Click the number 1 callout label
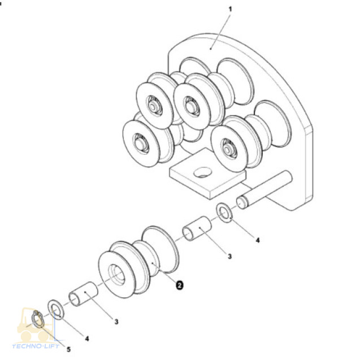[x=230, y=10]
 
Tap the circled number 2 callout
[x=179, y=285]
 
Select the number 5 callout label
[x=68, y=349]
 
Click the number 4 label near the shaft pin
[x=257, y=240]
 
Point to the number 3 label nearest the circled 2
[x=229, y=256]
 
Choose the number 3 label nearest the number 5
[x=116, y=322]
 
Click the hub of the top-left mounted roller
[x=153, y=105]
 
